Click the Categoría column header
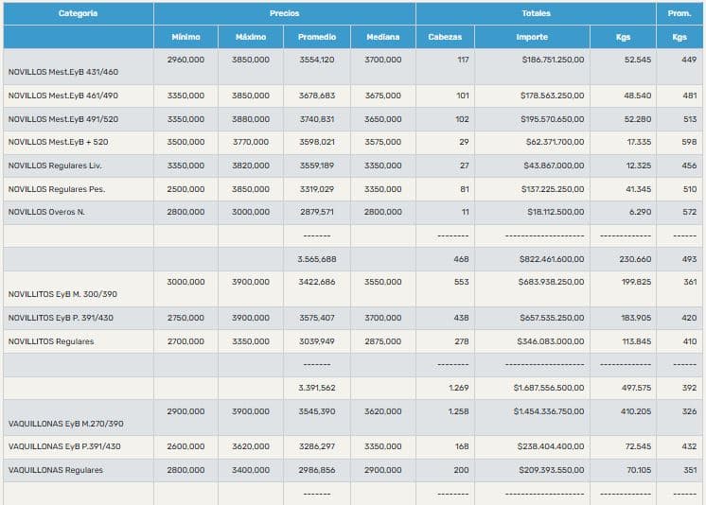[x=78, y=13]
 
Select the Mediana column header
[x=382, y=37]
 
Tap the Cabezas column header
[x=445, y=37]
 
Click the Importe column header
[x=531, y=37]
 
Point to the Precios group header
[x=284, y=13]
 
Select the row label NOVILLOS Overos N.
[x=46, y=212]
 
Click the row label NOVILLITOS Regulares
[x=51, y=341]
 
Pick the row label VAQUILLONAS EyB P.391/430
[x=61, y=447]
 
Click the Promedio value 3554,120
[x=316, y=60]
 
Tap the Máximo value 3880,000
[x=250, y=119]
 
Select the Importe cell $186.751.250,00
[x=553, y=60]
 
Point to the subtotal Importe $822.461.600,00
[x=552, y=258]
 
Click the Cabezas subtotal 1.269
[x=458, y=388]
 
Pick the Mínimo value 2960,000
[x=185, y=60]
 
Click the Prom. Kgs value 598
[x=689, y=143]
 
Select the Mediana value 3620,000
[x=382, y=411]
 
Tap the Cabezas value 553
[x=461, y=282]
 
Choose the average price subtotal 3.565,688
[x=316, y=258]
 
